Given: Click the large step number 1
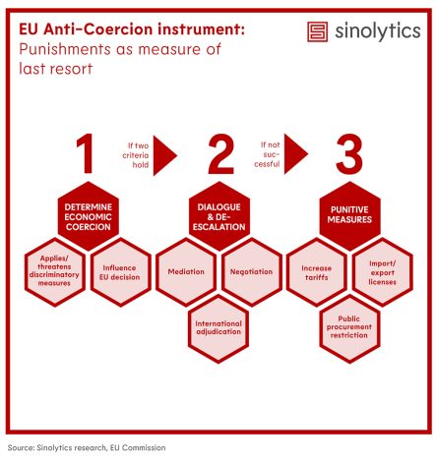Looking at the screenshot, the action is point(86,153).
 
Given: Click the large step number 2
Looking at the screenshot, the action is point(221,153).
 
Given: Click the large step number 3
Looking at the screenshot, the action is point(349,153).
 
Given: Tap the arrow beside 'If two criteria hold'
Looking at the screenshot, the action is point(164,155).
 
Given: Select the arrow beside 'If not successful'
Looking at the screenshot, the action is point(295,153).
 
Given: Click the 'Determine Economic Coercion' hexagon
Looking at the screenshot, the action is point(89,216).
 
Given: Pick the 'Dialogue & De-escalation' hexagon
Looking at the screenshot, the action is point(219,216).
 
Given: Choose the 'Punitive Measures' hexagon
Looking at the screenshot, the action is point(349,216).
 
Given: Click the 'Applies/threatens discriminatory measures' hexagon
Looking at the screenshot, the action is point(55,272).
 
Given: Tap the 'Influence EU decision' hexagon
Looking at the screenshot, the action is point(121,272).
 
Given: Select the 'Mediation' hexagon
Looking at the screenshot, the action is point(186,272).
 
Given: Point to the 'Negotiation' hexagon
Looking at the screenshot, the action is point(252,272).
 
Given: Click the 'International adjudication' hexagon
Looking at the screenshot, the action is point(218,328).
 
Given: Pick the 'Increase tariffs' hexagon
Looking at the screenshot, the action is point(317,272).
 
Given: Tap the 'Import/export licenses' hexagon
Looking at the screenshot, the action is point(383,272).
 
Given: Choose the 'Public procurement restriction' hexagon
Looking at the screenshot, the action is point(349,328).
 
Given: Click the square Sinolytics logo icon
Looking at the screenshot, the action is point(317,31).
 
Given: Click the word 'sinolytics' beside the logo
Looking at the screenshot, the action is point(378,31).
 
